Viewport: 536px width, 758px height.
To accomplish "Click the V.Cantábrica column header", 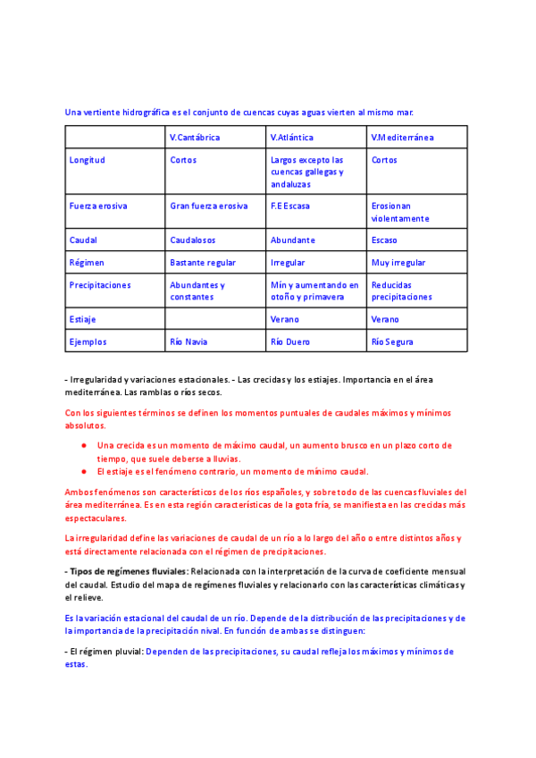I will [x=195, y=138].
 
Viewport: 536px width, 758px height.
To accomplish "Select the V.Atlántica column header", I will [x=294, y=138].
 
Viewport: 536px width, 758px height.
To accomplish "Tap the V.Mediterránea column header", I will [x=402, y=138].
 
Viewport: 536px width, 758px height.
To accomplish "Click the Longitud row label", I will [x=87, y=161].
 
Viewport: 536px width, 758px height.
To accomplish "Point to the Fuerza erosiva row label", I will [x=98, y=206].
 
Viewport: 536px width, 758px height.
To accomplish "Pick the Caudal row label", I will [x=83, y=240].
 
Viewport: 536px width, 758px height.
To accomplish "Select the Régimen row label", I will [x=87, y=263].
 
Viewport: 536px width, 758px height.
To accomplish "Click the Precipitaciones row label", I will [x=100, y=285].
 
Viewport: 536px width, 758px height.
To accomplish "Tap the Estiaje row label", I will [x=82, y=319].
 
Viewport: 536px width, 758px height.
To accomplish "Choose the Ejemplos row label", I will [x=88, y=341].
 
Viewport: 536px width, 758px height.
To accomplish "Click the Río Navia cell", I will [x=190, y=341].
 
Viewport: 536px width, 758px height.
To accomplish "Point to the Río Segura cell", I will [x=392, y=341].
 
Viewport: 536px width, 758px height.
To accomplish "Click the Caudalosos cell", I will [x=195, y=240].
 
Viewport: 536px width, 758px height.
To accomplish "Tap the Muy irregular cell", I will [x=398, y=263].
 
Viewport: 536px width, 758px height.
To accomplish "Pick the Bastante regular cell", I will [x=203, y=263].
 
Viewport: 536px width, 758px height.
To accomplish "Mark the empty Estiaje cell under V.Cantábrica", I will [x=215, y=319].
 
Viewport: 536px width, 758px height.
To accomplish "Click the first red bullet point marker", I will [x=83, y=445].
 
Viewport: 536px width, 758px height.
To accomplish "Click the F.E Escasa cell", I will [x=290, y=206].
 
